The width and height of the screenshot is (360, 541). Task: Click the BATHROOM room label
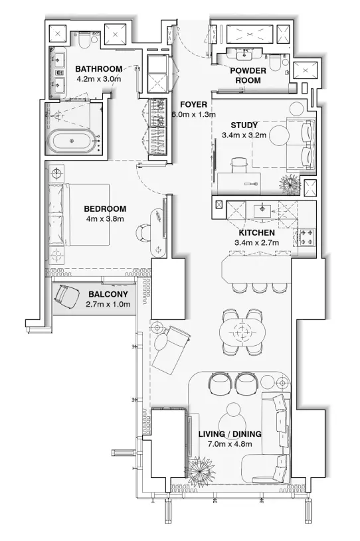point(98,69)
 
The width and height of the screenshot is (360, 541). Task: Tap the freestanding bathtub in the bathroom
point(74,141)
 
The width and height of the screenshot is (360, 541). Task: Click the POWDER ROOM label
point(248,75)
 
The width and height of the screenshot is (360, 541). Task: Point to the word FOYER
point(193,105)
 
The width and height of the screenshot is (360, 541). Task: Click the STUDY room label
point(244,125)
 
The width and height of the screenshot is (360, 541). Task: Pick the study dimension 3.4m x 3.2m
point(244,135)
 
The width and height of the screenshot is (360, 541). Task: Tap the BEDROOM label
point(105,208)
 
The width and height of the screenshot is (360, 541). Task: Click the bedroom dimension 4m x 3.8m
point(105,218)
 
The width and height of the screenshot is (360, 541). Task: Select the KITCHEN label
point(256,233)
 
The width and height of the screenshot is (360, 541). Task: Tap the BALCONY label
point(108,294)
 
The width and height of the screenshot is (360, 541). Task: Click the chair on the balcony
point(66,293)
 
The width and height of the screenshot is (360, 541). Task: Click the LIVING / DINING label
point(230,434)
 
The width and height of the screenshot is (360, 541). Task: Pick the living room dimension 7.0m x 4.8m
point(230,444)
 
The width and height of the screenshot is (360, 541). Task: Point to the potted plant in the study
point(290,183)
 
